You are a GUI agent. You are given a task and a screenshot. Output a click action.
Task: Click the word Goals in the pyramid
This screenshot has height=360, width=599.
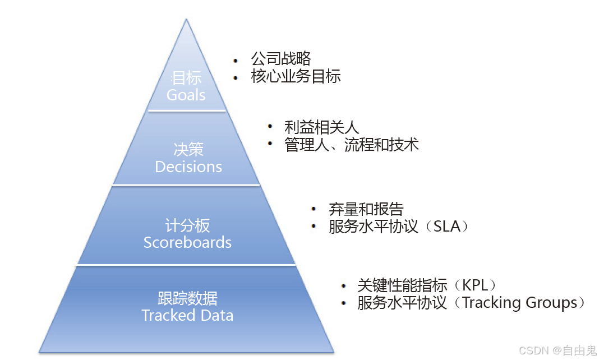(186, 95)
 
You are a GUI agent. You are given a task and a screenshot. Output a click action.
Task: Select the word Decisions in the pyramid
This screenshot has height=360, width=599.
(188, 167)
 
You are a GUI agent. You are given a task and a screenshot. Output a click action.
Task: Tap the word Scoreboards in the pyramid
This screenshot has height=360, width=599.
(187, 242)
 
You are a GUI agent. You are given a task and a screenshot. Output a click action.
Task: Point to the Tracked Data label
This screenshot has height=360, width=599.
(187, 315)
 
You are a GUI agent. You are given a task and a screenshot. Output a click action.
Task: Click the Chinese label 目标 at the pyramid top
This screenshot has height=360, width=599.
(187, 78)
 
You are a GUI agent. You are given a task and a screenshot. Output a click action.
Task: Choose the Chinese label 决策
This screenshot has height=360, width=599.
(188, 150)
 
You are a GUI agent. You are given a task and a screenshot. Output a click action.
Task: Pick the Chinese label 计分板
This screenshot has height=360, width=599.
(187, 225)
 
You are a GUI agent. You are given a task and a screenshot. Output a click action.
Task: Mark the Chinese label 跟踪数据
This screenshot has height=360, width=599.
(187, 298)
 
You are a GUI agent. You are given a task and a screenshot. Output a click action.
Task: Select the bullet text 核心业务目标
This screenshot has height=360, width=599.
(296, 76)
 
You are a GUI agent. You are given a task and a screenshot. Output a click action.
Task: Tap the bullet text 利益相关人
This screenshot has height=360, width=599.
(321, 127)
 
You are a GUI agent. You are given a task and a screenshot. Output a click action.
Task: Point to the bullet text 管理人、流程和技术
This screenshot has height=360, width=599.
(352, 145)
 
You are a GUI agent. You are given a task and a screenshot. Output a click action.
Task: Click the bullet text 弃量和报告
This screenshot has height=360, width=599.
(366, 209)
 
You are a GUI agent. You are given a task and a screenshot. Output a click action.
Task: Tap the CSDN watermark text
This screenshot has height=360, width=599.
(534, 350)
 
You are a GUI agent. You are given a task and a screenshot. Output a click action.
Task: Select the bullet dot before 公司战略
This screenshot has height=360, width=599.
(236, 59)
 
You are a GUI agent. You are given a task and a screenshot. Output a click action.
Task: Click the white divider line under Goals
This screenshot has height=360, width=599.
(187, 111)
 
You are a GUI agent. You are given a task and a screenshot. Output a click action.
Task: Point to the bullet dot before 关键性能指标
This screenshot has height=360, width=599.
(343, 286)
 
